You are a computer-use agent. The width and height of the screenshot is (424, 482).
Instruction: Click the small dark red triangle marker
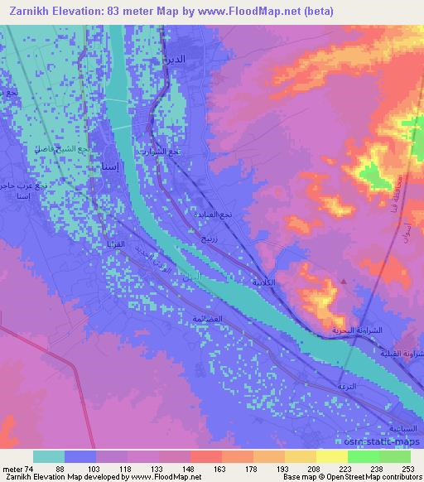point(344,282)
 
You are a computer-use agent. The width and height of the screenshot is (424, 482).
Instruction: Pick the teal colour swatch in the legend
point(49,456)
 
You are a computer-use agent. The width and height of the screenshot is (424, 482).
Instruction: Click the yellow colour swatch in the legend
point(331,456)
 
